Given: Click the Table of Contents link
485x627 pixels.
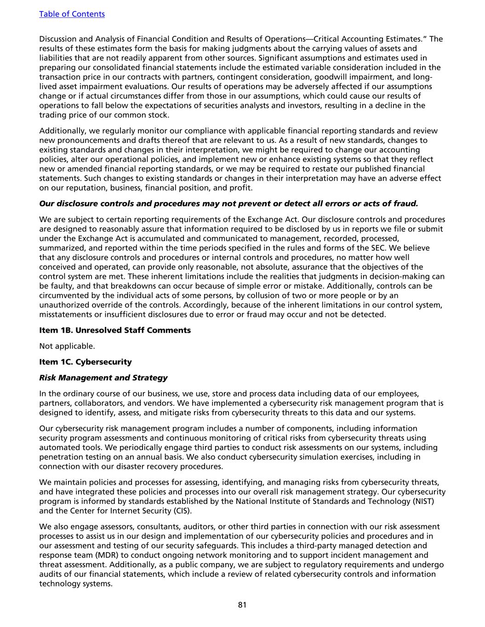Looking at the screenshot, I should point(72,14).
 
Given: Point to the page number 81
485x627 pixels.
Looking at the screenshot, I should point(242,604).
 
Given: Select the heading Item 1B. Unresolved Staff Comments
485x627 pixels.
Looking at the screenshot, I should point(115,330).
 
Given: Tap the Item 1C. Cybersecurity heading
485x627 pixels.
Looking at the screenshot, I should point(86,362).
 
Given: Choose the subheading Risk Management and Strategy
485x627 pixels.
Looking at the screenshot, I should point(103,378).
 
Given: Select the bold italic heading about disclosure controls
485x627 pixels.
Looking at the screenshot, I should point(228,203).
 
